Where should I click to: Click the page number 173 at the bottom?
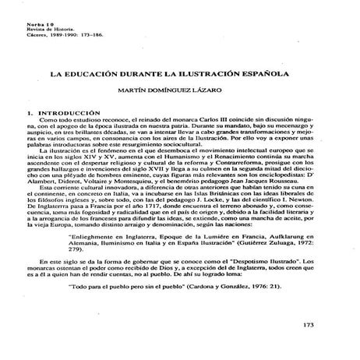(x=326, y=325)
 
